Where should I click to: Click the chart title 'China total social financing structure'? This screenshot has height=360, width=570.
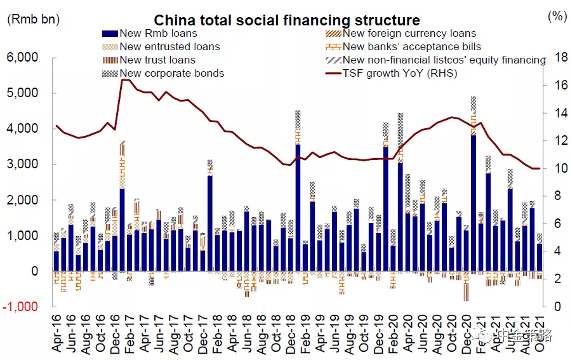click(286, 21)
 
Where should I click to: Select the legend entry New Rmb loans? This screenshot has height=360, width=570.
click(157, 33)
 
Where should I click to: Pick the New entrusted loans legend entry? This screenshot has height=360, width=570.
click(169, 46)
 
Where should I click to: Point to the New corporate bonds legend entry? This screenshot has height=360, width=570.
click(171, 73)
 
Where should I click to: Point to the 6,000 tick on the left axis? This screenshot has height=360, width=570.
click(23, 58)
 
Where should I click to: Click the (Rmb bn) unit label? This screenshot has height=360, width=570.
click(33, 19)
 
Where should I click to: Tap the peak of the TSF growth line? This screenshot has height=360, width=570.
click(124, 80)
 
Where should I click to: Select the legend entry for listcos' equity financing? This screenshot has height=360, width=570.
click(444, 60)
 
